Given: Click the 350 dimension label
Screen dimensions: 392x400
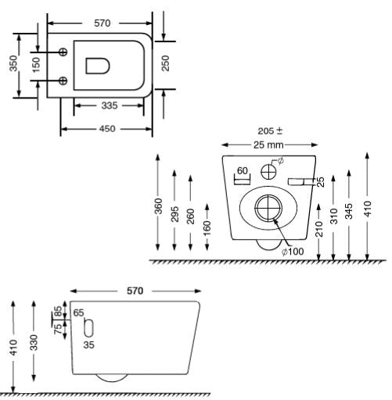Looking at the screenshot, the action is (13, 63).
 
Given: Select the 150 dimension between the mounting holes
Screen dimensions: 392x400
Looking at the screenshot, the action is (36, 65).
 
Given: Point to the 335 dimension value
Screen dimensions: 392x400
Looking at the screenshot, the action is (110, 105).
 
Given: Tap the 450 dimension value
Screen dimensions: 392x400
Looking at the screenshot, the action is (107, 129).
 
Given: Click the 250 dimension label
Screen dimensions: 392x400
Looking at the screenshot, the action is (165, 63).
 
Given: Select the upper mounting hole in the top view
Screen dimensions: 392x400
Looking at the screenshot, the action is (63, 52).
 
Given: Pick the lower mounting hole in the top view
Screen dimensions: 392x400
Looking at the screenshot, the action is (63, 80).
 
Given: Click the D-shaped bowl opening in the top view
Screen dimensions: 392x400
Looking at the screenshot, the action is (98, 66).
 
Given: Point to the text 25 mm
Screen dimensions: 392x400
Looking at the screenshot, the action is (268, 145).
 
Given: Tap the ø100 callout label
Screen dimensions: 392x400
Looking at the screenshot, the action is (293, 252).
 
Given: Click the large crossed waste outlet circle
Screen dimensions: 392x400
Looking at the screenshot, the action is (268, 208).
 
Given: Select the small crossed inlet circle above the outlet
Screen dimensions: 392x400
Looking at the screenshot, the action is (268, 172).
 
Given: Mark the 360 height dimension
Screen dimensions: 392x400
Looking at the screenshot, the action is (158, 206).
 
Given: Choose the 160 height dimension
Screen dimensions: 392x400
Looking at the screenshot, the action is (207, 228).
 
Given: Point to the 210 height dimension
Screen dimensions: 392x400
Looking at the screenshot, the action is (319, 229).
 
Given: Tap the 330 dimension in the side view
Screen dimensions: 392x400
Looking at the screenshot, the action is (34, 342).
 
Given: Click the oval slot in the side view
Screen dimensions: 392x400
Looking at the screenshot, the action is (89, 327).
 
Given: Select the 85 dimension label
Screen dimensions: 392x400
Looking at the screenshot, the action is (58, 311).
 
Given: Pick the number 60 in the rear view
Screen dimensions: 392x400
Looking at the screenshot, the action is (243, 171).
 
